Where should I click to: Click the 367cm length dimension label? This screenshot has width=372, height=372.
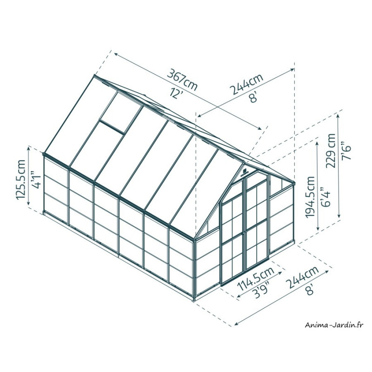(182, 80)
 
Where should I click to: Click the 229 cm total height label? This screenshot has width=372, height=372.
(331, 151)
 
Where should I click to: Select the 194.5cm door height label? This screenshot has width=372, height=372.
(310, 197)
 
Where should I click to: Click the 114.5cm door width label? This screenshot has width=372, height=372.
(256, 278)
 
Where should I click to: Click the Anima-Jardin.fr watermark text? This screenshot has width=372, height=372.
(334, 325)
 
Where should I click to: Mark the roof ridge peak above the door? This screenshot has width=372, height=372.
(244, 162)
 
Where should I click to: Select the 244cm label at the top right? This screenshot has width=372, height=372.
(247, 84)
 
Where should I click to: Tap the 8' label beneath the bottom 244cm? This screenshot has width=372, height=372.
(311, 289)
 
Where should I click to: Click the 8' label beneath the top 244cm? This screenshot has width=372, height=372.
(253, 97)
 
